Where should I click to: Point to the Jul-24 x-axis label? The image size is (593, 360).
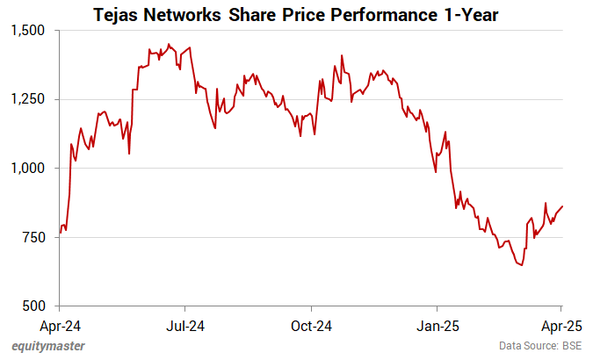[185, 327]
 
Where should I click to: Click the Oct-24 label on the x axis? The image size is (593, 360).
[312, 327]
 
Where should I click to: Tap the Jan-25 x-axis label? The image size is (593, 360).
[438, 327]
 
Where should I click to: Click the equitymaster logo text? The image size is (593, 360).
[48, 346]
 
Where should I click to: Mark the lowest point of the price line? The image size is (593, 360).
[522, 265]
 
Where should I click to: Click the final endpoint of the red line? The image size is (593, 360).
[562, 206]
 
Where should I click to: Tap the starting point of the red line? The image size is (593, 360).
[60, 234]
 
